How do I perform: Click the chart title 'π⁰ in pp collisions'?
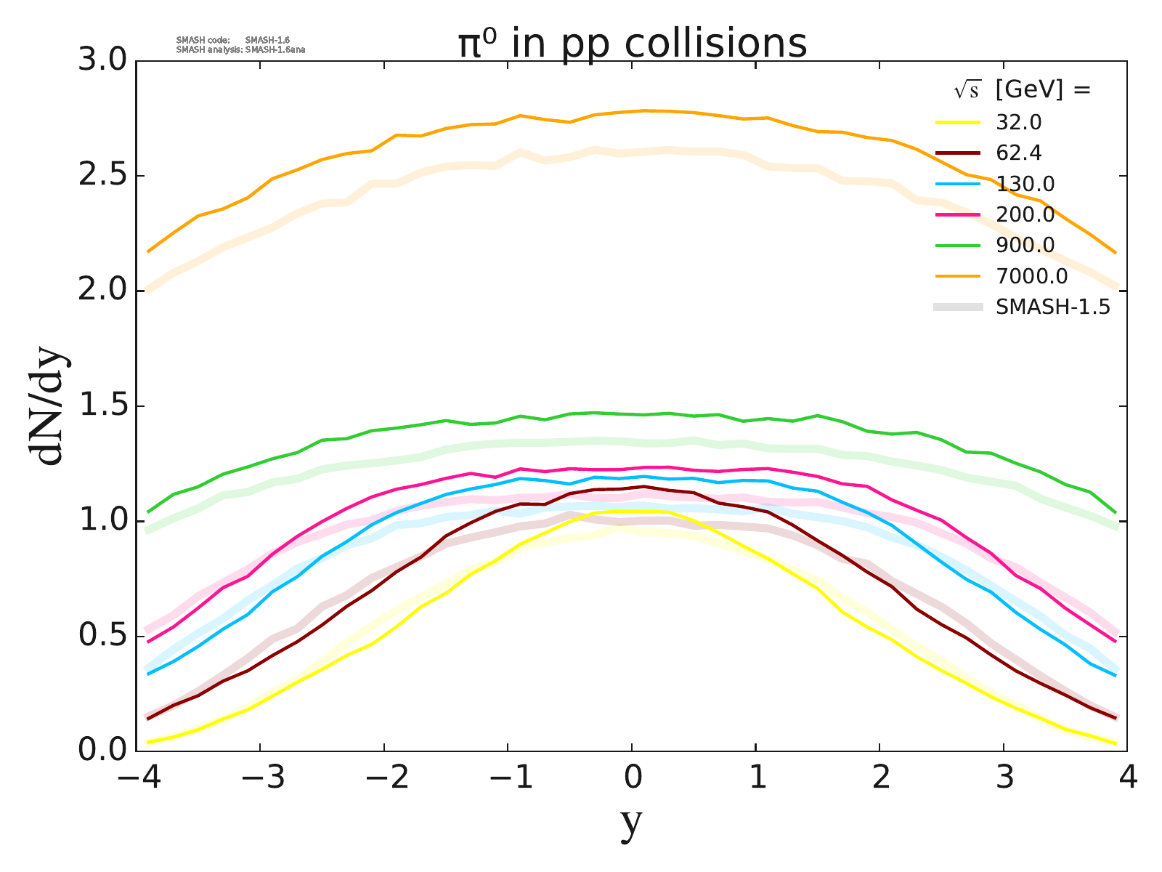click(632, 44)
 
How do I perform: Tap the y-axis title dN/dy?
click(48, 407)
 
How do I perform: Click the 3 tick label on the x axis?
click(1004, 778)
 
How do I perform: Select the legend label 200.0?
click(1025, 214)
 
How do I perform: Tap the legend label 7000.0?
click(1031, 276)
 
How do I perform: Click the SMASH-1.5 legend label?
click(1052, 307)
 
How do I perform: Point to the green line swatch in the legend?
click(958, 246)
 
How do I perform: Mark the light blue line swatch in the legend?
click(958, 184)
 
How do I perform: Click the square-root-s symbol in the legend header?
click(966, 90)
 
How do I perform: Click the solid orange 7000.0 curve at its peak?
click(645, 110)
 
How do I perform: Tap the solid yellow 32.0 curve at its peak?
click(632, 511)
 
